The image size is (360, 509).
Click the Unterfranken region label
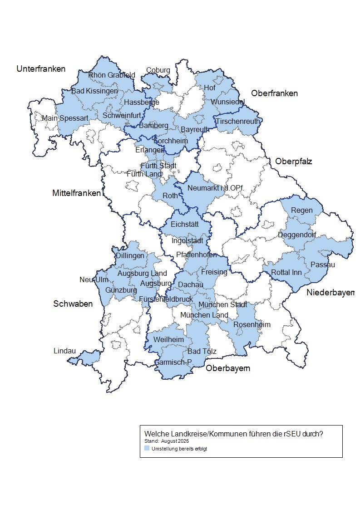pos(41,69)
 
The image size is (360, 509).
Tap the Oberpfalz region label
pos(293,162)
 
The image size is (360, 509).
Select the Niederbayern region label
pos(330,293)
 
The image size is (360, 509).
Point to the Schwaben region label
pos(73,304)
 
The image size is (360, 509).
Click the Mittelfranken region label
pos(76,193)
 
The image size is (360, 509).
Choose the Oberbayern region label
pos(228,368)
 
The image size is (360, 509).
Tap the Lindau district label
pos(64,351)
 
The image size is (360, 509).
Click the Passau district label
pos(323,264)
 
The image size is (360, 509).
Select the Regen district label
pos(302,210)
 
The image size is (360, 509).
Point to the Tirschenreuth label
pos(237,121)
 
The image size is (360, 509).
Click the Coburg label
pos(158,70)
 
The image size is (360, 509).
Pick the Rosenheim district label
pos(252,324)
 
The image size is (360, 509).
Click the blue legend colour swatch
pos(147,448)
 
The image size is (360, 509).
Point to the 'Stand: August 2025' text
pos(167,440)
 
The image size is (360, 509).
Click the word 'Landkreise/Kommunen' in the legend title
pos(212,433)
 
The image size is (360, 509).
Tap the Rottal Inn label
pos(286,272)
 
